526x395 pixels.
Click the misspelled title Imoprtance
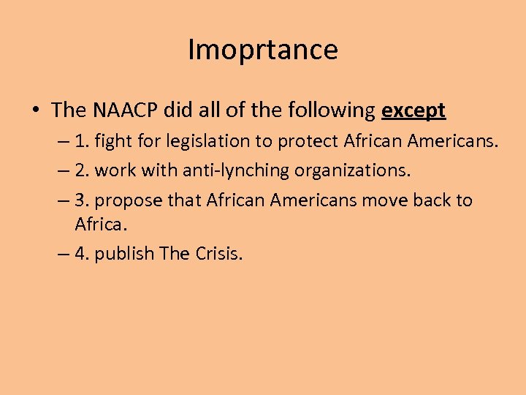263,50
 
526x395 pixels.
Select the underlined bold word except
413,110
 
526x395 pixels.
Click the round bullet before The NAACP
35,111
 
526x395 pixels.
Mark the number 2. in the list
83,170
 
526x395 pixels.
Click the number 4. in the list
83,253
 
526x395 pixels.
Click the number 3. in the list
83,200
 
